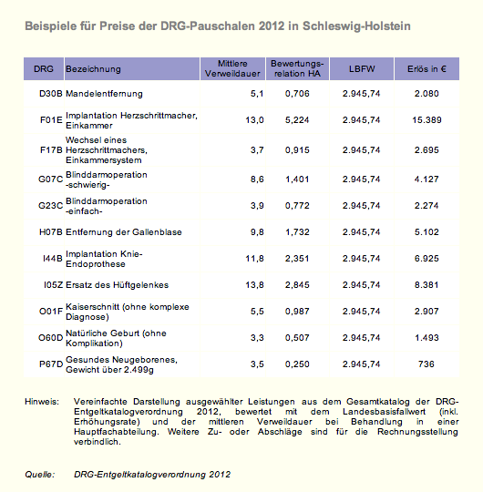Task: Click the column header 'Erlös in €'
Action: [x=426, y=69]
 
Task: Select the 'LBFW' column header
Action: [x=362, y=69]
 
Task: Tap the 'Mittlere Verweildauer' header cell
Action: [x=232, y=68]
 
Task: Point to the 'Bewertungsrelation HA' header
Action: [x=297, y=68]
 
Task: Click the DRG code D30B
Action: [x=51, y=94]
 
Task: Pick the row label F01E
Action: [x=51, y=120]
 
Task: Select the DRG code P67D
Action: [x=51, y=364]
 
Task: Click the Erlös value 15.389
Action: [x=426, y=120]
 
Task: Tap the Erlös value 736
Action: [x=426, y=364]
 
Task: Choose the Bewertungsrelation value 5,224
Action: [x=297, y=120]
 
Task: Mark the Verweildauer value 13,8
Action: [x=254, y=285]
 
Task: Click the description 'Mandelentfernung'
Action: [x=104, y=94]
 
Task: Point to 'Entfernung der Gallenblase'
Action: [x=124, y=232]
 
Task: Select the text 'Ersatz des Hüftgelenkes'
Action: [x=117, y=285]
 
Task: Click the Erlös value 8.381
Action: [x=426, y=285]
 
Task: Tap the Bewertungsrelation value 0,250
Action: [x=297, y=364]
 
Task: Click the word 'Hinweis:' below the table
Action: [x=42, y=402]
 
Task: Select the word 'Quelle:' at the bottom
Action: [x=40, y=474]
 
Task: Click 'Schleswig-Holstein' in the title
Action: [x=356, y=26]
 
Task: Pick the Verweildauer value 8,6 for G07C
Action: [x=257, y=179]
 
